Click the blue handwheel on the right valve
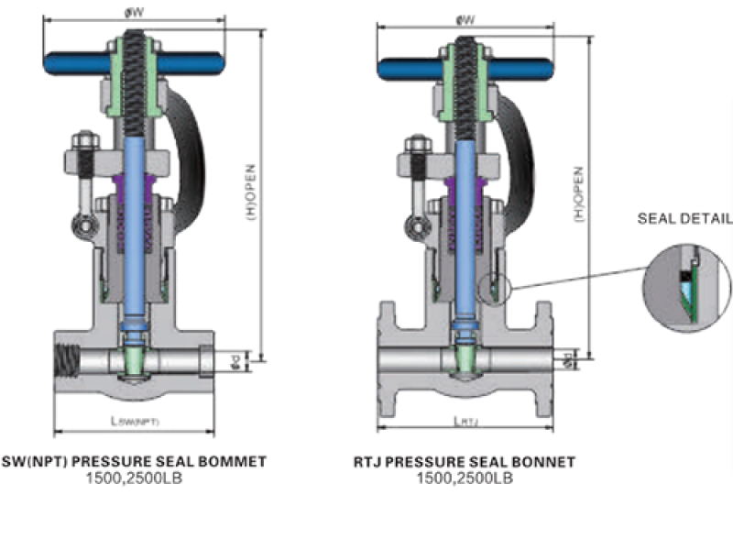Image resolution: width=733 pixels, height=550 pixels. [412, 66]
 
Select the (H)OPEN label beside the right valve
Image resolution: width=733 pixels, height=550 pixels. [578, 193]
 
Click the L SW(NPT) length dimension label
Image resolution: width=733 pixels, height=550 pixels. [135, 422]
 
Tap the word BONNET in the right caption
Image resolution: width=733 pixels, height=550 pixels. [544, 462]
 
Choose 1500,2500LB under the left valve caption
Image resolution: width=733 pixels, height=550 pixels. [135, 478]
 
